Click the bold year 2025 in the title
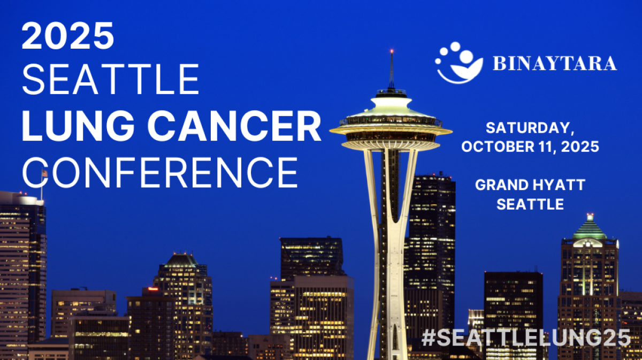click(x=68, y=35)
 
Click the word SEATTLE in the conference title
click(x=111, y=79)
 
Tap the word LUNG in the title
click(x=78, y=126)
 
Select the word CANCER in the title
click(x=234, y=126)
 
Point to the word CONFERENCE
click(x=160, y=172)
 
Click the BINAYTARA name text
click(x=555, y=63)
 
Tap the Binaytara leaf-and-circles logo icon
click(x=459, y=63)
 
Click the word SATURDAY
click(x=530, y=128)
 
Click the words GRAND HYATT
click(x=530, y=185)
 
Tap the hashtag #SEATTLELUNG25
click(x=526, y=338)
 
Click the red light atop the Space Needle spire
click(x=392, y=51)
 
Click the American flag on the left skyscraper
click(x=44, y=173)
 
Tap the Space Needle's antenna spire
click(x=392, y=70)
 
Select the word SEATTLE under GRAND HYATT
click(x=530, y=204)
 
